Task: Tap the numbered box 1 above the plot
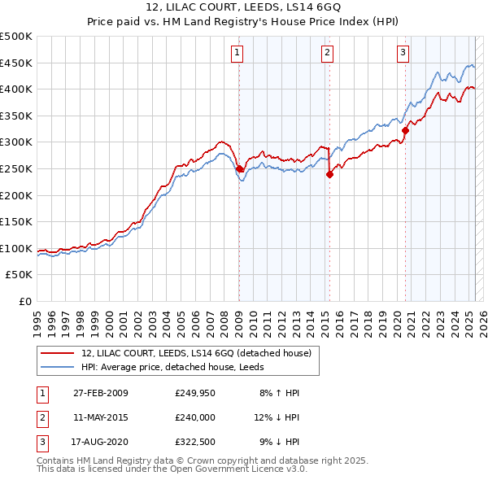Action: [237, 54]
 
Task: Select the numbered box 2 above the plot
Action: [327, 54]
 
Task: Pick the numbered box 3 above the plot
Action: [403, 54]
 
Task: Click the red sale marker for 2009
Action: [239, 169]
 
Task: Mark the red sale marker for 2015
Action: [330, 173]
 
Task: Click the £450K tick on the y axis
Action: [16, 63]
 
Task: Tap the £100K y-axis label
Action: [16, 248]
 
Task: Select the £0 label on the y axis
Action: [24, 301]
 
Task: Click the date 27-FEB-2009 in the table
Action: [100, 393]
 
